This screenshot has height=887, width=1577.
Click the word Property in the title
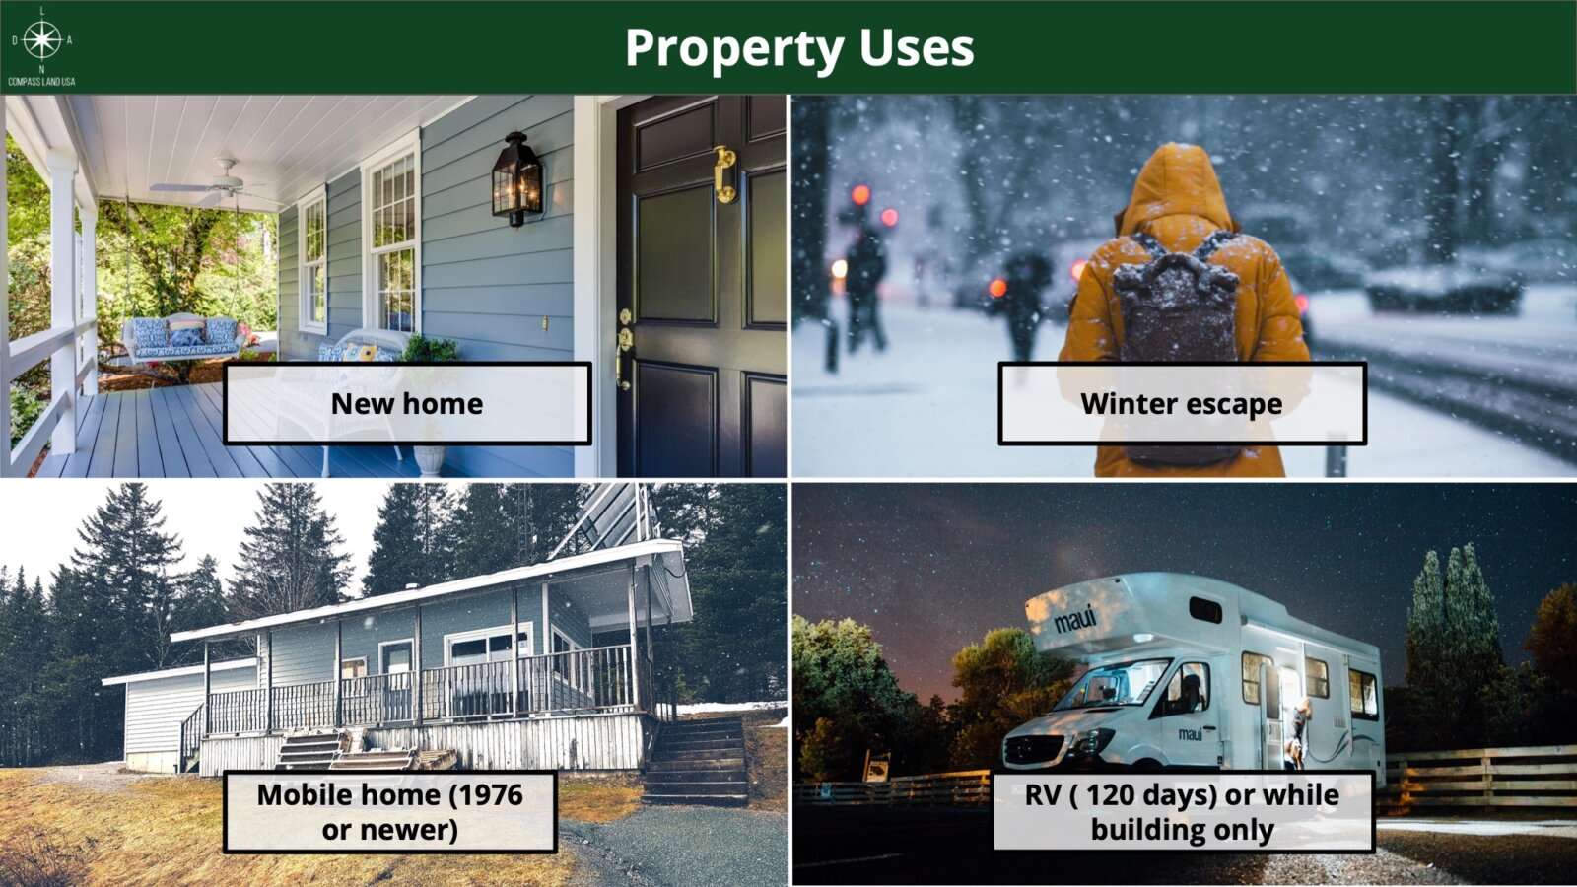(x=734, y=48)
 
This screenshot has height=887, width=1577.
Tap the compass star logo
(x=41, y=40)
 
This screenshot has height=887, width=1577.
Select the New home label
(x=407, y=403)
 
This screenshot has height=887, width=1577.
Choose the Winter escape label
(x=1182, y=403)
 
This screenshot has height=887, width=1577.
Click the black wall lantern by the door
(x=517, y=179)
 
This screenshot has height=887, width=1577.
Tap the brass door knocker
(x=724, y=173)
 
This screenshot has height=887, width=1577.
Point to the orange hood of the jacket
(x=1178, y=188)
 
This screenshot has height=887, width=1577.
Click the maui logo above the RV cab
(x=1074, y=620)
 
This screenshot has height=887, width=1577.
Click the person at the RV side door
(x=1297, y=732)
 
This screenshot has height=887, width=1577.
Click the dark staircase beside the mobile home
(x=696, y=761)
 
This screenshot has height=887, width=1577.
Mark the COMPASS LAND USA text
(x=41, y=82)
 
